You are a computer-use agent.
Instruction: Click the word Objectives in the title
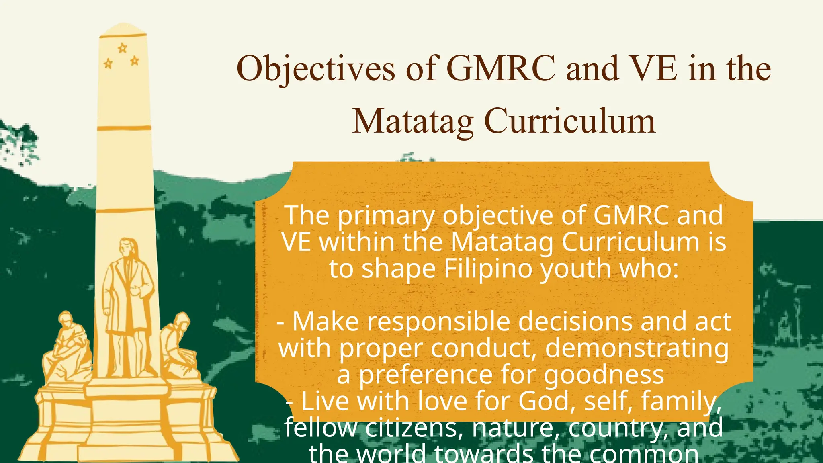point(316,69)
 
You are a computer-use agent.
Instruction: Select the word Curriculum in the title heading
point(570,121)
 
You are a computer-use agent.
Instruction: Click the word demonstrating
point(637,348)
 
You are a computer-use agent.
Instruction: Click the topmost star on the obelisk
point(122,49)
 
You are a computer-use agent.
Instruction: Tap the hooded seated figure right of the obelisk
point(179,346)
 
